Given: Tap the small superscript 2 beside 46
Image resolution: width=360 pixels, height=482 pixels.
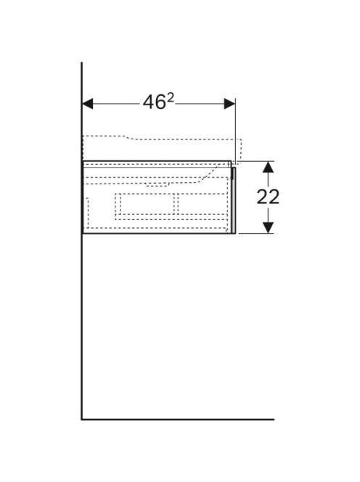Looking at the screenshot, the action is (171, 99).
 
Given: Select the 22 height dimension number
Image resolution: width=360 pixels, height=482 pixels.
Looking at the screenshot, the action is (268, 197).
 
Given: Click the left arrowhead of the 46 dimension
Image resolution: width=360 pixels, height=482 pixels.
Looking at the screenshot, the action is (88, 104).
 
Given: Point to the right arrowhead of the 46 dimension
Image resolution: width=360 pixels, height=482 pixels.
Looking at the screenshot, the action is (229, 104).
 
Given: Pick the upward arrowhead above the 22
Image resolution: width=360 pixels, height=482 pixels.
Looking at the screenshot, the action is (269, 167).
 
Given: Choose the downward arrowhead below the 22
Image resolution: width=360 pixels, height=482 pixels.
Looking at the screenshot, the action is (269, 227).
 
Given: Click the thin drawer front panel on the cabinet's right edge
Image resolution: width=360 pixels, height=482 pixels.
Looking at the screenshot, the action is (234, 200).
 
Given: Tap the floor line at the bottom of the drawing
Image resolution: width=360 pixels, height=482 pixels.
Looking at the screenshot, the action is (178, 420).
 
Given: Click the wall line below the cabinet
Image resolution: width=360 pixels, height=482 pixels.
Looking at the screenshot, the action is (82, 326).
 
